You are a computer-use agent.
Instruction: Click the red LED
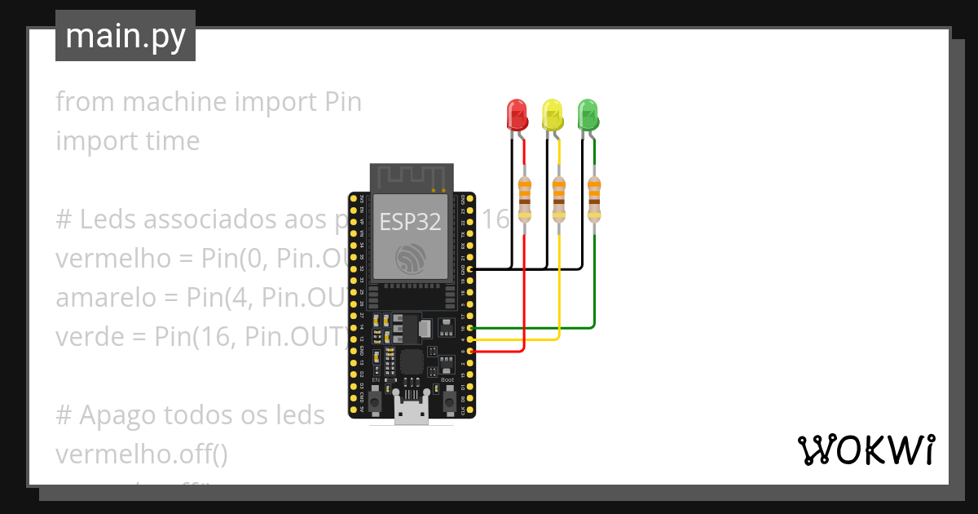click(x=517, y=115)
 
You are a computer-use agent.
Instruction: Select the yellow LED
click(x=552, y=115)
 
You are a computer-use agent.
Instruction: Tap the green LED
click(x=588, y=115)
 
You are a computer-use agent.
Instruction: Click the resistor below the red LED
click(x=524, y=200)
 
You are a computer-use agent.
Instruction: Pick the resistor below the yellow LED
click(x=559, y=200)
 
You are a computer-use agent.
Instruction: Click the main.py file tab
click(x=126, y=36)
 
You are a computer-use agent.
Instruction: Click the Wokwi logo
click(x=865, y=450)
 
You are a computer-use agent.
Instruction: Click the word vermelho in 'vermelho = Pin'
click(x=112, y=259)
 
